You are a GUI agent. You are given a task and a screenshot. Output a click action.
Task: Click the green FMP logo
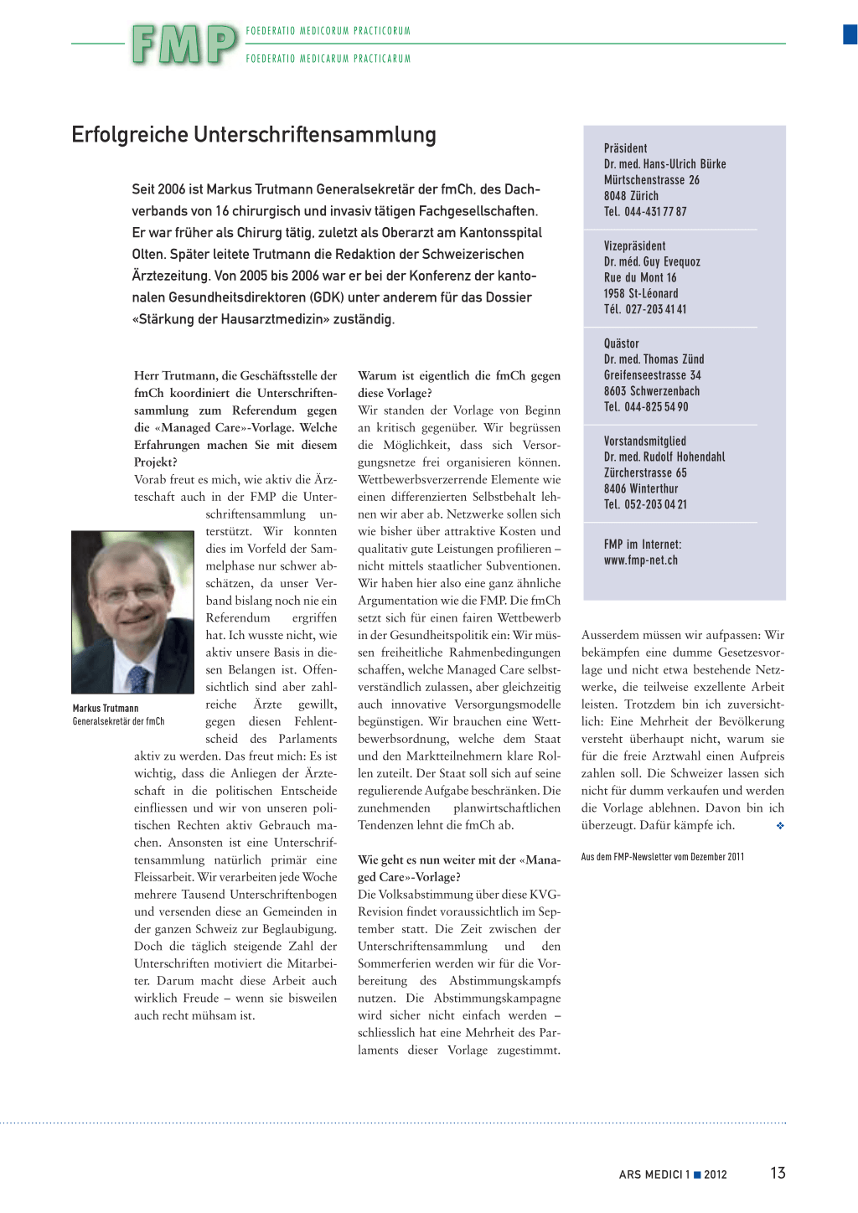click(x=184, y=44)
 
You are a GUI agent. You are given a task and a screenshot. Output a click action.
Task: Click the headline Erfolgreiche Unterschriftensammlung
click(x=254, y=135)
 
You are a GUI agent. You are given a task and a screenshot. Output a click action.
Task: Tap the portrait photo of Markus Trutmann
click(x=132, y=612)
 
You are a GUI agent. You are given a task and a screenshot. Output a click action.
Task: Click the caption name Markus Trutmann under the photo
click(x=106, y=709)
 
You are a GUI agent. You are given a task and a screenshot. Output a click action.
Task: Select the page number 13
click(x=778, y=1173)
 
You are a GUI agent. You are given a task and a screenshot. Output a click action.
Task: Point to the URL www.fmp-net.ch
click(x=641, y=560)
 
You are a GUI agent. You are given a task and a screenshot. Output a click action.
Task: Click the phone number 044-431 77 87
click(x=655, y=212)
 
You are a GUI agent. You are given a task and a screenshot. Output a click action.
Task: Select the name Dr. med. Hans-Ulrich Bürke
click(x=664, y=164)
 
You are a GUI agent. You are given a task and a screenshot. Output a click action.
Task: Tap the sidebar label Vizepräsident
click(x=634, y=246)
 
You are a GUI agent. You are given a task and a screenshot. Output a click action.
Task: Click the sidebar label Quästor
click(x=621, y=343)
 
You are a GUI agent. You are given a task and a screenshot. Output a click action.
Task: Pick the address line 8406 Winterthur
click(x=641, y=488)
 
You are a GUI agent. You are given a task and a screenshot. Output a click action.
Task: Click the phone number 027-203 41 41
click(x=655, y=309)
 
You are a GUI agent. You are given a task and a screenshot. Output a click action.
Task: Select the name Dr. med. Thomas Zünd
click(x=654, y=359)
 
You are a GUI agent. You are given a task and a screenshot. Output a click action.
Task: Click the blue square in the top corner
click(x=850, y=34)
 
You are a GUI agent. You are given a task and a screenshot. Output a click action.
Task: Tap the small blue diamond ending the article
click(x=780, y=826)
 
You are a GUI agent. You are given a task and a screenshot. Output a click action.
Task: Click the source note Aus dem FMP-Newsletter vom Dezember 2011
click(x=662, y=857)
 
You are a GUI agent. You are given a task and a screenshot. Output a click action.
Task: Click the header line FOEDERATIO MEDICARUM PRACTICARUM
click(x=328, y=59)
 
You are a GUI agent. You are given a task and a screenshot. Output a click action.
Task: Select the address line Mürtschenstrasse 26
click(x=651, y=180)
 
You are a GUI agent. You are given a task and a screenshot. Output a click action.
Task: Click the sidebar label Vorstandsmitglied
click(x=644, y=441)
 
